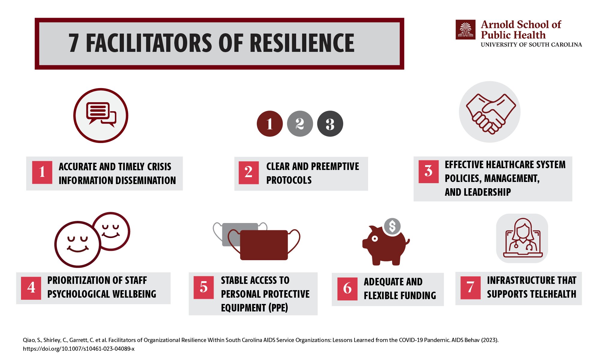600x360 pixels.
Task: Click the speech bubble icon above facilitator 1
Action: [101, 115]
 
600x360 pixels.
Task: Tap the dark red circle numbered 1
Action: [270, 124]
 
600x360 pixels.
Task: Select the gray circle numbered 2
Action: [300, 124]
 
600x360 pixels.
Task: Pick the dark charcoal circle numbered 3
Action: [330, 124]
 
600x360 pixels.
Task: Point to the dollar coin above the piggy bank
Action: [392, 226]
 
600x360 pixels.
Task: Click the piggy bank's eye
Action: [375, 239]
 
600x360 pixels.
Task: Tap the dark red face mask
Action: [264, 245]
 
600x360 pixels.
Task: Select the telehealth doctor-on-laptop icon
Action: [522, 238]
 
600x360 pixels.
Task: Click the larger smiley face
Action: [78, 244]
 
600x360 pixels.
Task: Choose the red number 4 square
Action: [31, 288]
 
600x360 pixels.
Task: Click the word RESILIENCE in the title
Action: [302, 43]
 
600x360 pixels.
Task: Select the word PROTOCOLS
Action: [289, 180]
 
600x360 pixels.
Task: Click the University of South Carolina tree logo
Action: [466, 30]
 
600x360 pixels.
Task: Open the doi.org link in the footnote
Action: [79, 349]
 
